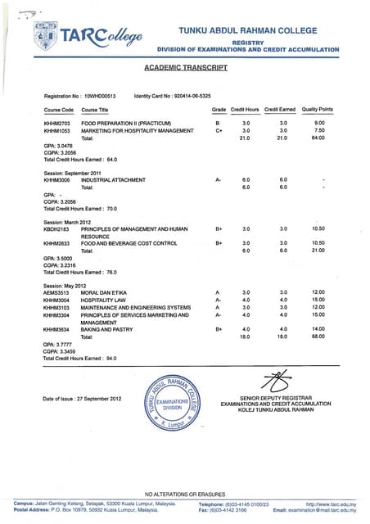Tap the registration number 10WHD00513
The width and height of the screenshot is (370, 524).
(100, 96)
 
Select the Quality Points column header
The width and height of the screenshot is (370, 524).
(318, 109)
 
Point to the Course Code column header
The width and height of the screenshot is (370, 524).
(59, 109)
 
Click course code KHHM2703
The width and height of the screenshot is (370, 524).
(58, 123)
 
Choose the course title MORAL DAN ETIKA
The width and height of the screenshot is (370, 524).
(106, 292)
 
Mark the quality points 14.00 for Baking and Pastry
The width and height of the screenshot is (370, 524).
(318, 329)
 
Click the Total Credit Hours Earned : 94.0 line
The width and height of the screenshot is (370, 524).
(80, 359)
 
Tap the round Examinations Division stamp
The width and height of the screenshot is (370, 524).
(177, 404)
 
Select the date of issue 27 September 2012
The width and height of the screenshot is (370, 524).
(82, 399)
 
